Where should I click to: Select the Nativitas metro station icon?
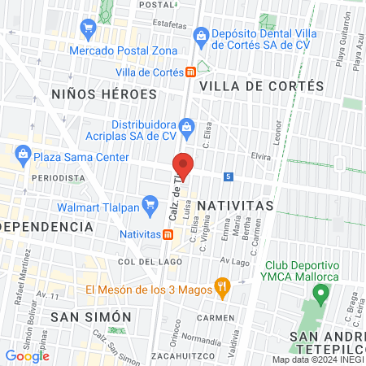(x=167, y=234)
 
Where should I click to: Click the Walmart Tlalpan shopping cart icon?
(x=150, y=203)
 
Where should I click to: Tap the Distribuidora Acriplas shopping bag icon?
(x=187, y=125)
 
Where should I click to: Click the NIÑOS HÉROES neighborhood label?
(x=103, y=94)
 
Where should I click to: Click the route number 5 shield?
(x=229, y=176)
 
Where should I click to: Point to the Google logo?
(x=27, y=355)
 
